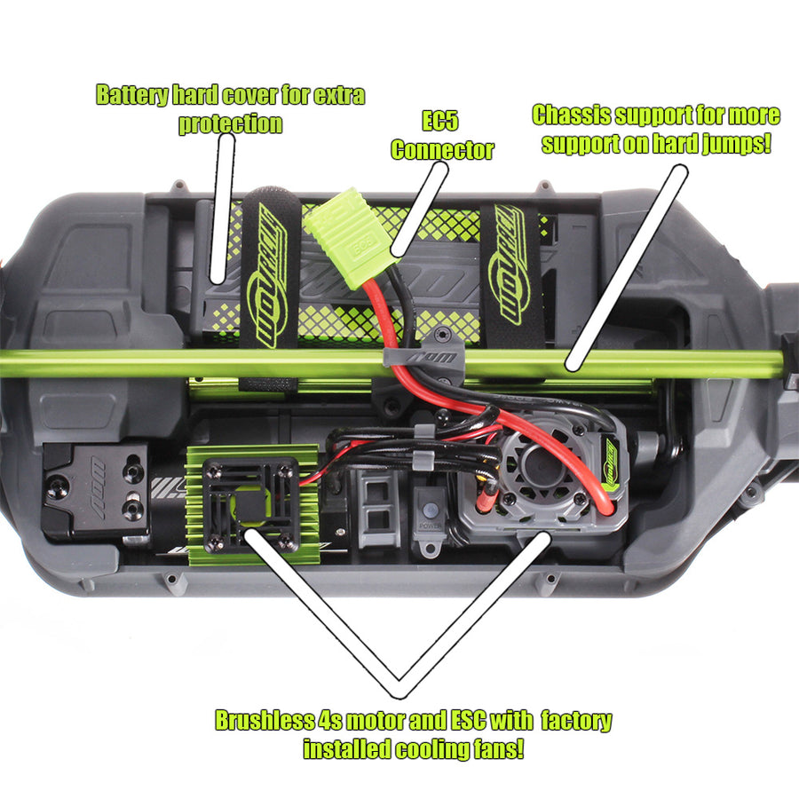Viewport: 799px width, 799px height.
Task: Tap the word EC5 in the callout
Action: click(x=440, y=121)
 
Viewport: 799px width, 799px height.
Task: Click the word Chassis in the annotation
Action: click(x=571, y=115)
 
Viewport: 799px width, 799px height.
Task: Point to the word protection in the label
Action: click(x=230, y=123)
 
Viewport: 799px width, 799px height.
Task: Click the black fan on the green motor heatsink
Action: click(x=250, y=505)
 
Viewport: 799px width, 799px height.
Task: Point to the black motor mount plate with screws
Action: click(x=97, y=491)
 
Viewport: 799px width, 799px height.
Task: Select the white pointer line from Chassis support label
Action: click(x=627, y=267)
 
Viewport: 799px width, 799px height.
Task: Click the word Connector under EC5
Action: click(x=442, y=150)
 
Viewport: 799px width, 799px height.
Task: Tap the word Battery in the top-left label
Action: click(x=132, y=95)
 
